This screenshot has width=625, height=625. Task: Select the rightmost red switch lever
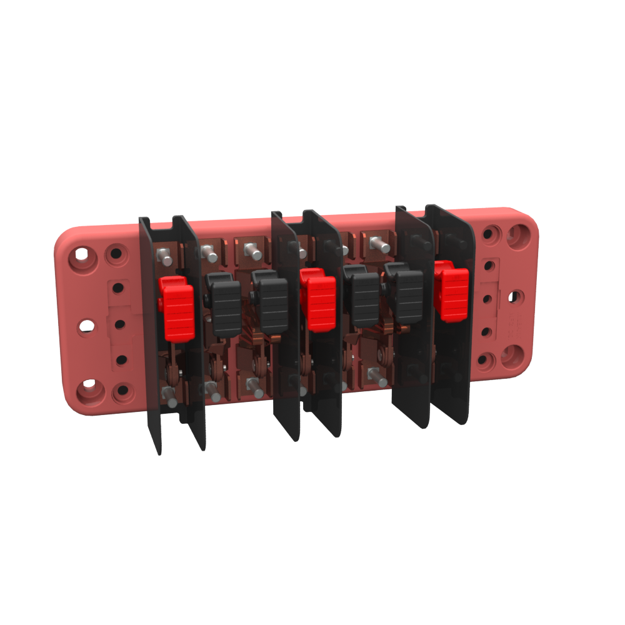click(x=452, y=292)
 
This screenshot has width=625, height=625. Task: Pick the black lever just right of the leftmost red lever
click(x=225, y=307)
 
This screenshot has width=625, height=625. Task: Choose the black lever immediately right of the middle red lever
click(x=362, y=300)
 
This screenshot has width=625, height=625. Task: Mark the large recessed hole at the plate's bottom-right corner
click(x=513, y=356)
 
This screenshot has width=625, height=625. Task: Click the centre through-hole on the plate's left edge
click(x=87, y=326)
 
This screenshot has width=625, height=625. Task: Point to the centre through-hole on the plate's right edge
click(x=514, y=296)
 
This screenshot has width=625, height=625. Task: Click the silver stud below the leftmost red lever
click(x=167, y=393)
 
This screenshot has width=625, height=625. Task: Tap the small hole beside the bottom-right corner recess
click(x=487, y=359)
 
